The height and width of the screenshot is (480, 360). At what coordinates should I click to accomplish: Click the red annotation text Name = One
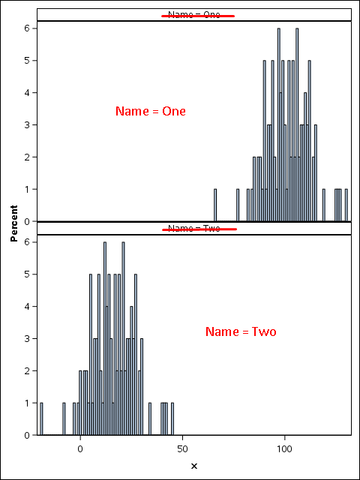tap(151, 111)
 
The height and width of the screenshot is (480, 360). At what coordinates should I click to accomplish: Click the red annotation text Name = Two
tap(241, 331)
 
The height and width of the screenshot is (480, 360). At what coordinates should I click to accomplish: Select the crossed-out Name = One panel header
tap(194, 14)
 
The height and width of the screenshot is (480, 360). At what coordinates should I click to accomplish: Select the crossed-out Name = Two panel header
tap(194, 228)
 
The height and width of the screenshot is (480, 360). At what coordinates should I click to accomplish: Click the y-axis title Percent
tap(14, 223)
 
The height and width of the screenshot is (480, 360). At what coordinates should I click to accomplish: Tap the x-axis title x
tap(193, 466)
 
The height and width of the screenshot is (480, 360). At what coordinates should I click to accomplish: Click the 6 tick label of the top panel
tap(26, 28)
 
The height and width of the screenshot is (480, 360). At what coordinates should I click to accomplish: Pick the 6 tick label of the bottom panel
tap(26, 242)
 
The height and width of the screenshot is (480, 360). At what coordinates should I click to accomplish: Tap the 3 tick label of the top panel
tap(26, 125)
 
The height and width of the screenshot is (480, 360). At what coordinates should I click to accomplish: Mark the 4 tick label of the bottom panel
tap(26, 307)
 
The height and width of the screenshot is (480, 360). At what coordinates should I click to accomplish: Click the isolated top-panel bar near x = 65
tap(215, 205)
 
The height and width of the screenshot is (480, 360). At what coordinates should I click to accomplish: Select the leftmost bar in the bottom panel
tap(41, 418)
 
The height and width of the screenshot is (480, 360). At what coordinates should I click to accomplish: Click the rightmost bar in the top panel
tap(346, 205)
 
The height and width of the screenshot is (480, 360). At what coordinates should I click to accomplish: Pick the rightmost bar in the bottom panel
tap(172, 418)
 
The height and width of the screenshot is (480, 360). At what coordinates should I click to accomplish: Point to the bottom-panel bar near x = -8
tap(64, 418)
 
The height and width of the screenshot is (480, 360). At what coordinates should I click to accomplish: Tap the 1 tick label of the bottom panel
tap(26, 403)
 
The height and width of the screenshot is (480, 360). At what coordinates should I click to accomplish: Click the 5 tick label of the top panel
tap(26, 61)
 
